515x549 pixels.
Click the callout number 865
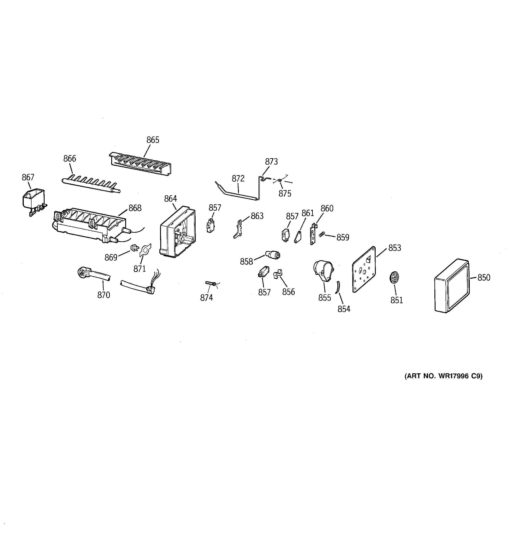tap(153, 140)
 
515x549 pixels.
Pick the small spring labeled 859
tap(321, 234)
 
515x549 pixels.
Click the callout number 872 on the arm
tap(238, 179)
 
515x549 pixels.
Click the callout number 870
tap(104, 295)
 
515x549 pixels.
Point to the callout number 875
tap(285, 194)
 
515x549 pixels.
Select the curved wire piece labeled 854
tap(337, 287)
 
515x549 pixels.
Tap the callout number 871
tap(140, 268)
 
